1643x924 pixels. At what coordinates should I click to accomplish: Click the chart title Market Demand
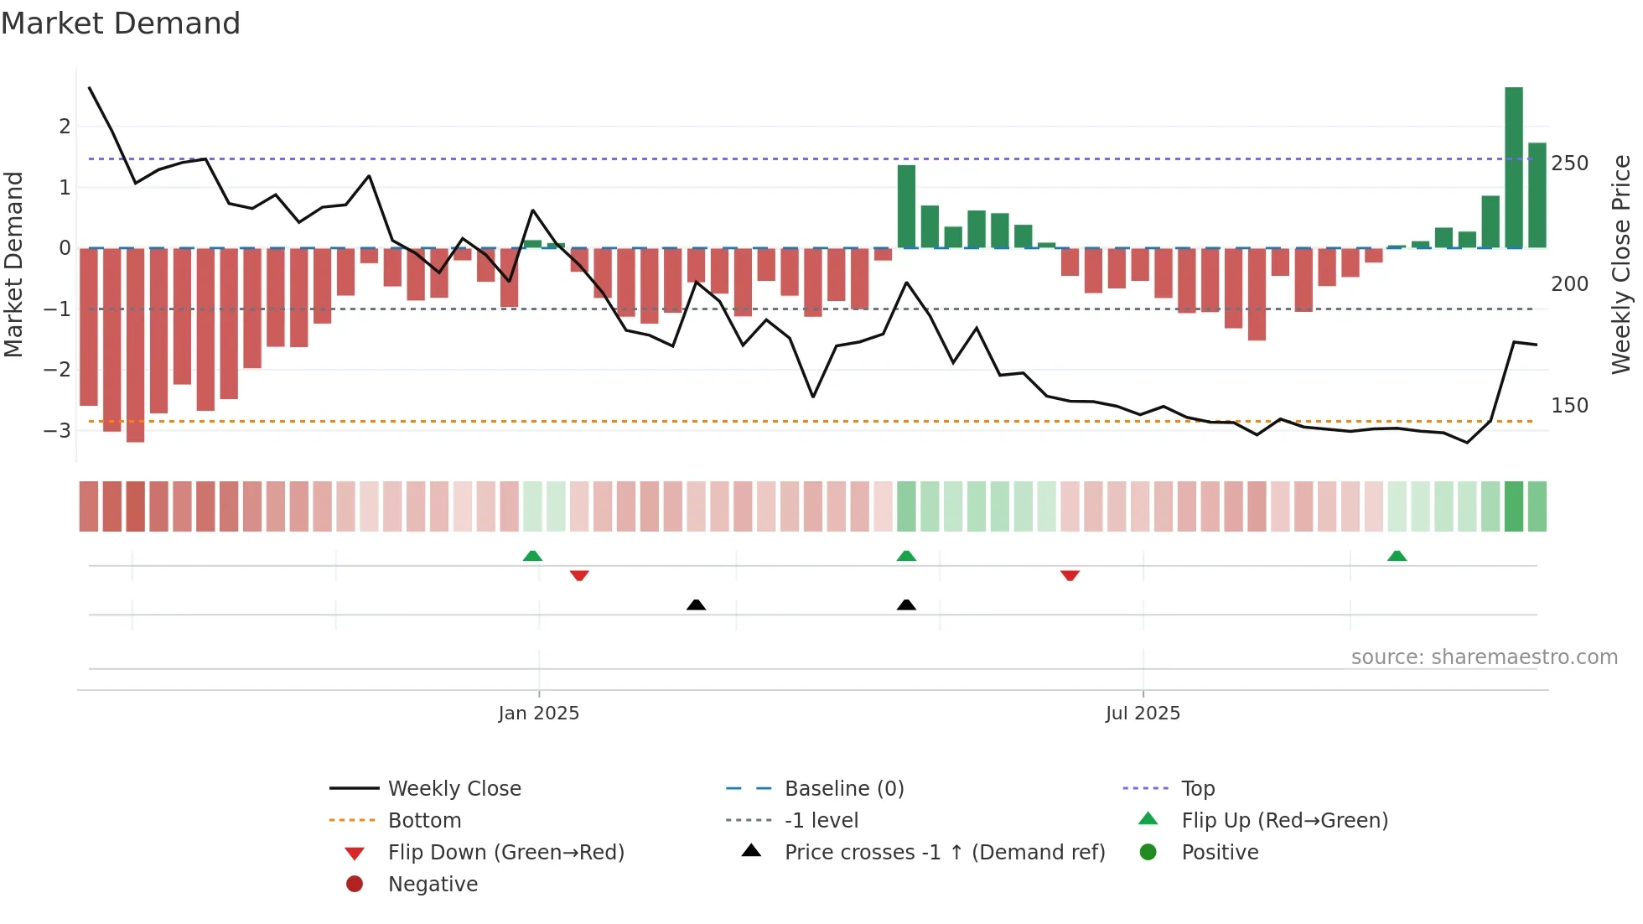click(x=121, y=23)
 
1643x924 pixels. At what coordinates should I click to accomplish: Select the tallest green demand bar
click(x=1513, y=168)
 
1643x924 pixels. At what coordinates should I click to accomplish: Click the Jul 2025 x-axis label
click(x=1142, y=714)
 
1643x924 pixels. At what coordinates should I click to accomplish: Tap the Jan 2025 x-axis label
click(x=538, y=714)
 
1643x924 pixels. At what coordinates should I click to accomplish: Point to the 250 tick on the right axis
click(x=1569, y=164)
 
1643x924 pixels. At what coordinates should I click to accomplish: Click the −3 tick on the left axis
click(x=58, y=431)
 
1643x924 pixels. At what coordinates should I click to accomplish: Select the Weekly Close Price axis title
click(x=1621, y=264)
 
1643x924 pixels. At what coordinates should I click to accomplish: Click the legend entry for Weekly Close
click(x=454, y=789)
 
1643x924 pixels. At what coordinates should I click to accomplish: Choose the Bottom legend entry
click(x=424, y=821)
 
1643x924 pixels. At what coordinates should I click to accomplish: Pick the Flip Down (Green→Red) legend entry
click(x=505, y=853)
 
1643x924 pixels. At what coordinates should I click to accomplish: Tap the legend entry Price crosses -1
click(x=944, y=853)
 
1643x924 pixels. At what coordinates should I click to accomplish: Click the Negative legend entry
click(x=433, y=885)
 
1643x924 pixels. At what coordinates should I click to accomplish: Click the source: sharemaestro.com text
click(x=1484, y=657)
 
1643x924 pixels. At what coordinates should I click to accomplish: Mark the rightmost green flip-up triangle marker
click(x=1397, y=556)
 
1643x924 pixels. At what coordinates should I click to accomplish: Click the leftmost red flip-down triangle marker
click(x=579, y=575)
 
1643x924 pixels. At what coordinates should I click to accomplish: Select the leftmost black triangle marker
click(x=696, y=605)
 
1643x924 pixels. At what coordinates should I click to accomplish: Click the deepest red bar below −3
click(x=135, y=345)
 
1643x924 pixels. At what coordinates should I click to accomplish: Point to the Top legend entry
click(x=1198, y=789)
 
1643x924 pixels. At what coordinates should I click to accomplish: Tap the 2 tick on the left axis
click(x=65, y=127)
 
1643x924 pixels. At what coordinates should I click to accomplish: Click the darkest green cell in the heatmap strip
click(x=1513, y=506)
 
